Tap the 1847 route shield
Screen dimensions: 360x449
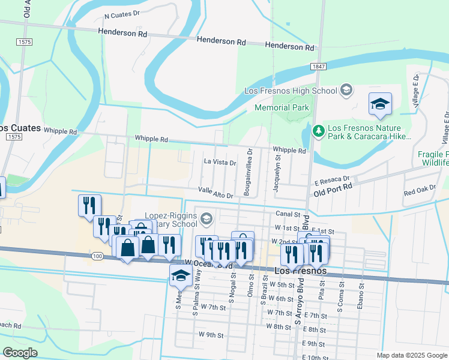coord(318,65)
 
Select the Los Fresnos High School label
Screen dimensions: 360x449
coord(291,91)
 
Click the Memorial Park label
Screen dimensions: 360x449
coord(282,108)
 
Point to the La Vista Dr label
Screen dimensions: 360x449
coord(220,163)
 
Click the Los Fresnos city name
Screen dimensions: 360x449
coord(300,271)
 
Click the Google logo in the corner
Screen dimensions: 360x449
coord(20,353)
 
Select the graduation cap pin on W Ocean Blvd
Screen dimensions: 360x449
coord(180,275)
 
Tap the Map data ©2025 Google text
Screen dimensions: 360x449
coord(411,355)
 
